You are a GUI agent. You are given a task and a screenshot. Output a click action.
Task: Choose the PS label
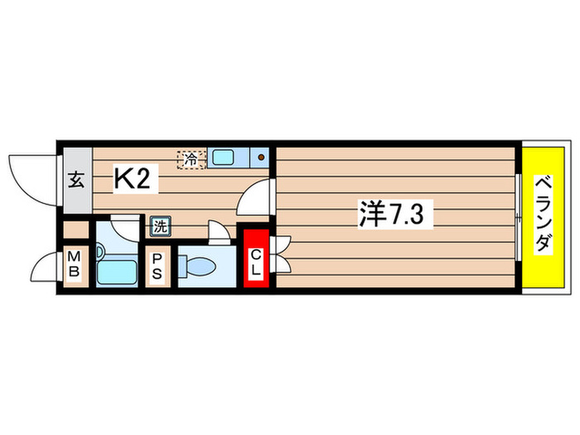pos(157,267)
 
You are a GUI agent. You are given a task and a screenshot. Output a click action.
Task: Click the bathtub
pos(115,272)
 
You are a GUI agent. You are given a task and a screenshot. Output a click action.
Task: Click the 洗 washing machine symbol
pos(159,224)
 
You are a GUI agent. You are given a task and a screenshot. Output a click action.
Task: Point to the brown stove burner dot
pos(260,157)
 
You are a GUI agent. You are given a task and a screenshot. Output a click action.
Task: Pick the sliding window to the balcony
pos(517,217)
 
